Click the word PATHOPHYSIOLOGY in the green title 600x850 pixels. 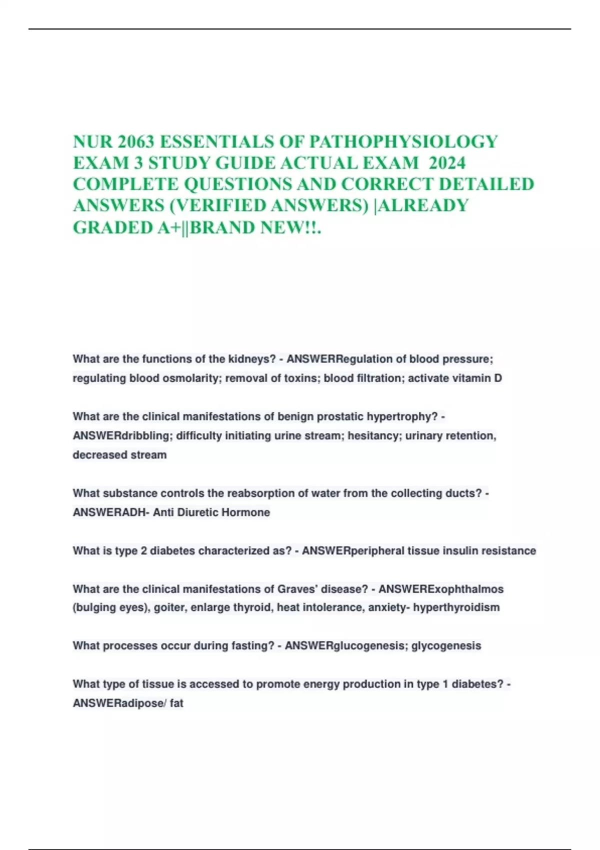point(403,142)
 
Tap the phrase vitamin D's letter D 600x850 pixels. point(498,378)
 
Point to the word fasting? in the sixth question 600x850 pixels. point(252,645)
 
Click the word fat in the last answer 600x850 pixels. point(176,703)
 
